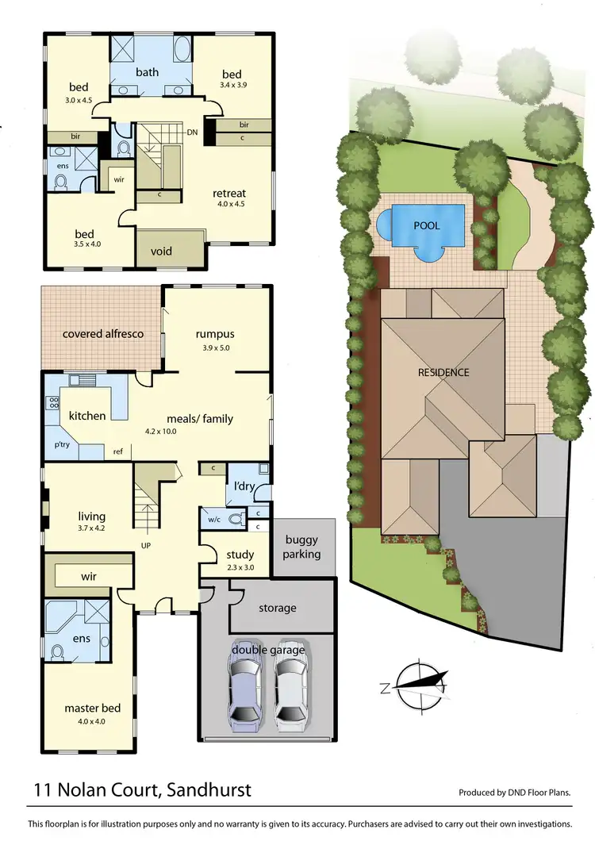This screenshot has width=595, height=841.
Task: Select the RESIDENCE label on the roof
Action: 443,372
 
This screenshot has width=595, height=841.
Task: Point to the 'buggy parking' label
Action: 301,547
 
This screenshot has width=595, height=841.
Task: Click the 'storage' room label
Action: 277,608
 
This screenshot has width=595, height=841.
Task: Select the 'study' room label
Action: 240,555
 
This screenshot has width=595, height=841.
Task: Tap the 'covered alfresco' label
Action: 103,334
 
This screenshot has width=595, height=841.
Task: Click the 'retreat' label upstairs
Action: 229,193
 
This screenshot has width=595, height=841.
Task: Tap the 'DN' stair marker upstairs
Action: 191,132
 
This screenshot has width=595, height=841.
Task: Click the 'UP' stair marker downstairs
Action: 146,546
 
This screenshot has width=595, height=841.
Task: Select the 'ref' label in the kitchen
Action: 117,451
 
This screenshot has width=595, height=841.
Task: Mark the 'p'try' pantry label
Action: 60,447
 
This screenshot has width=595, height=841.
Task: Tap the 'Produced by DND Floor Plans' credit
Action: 515,793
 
